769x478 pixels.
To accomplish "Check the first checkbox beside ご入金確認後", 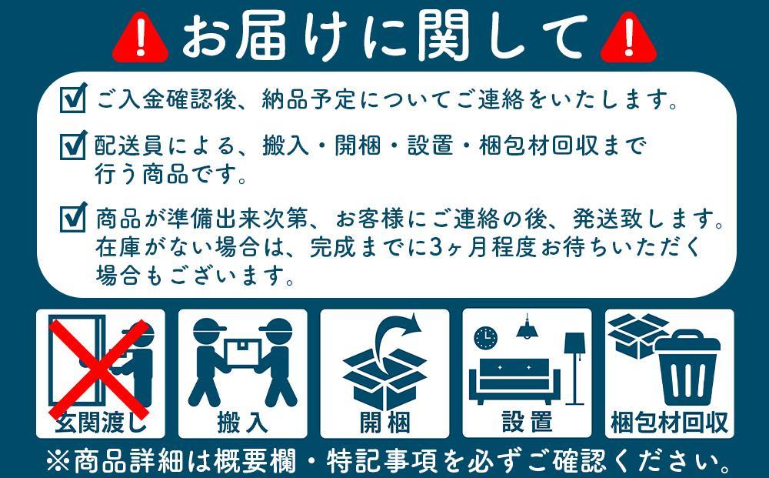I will tap(73, 99).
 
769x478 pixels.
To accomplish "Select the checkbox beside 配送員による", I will tap(73, 144).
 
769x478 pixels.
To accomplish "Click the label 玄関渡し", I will tap(100, 422).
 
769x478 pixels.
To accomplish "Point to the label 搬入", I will tap(242, 422).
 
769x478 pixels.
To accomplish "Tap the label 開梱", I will tap(384, 422).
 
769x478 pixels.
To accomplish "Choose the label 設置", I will tap(527, 422).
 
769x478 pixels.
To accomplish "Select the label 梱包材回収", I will tap(669, 422).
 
